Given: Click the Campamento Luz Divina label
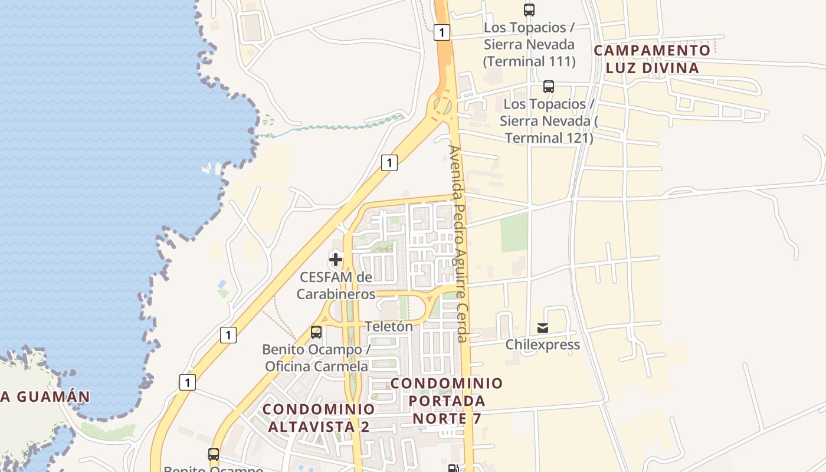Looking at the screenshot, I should [x=652, y=59].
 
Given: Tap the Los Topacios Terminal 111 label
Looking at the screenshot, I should [x=529, y=44].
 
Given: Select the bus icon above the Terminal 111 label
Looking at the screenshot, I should [x=529, y=9].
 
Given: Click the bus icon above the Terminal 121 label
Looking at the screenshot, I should [x=549, y=87].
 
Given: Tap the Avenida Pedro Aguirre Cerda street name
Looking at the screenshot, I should [x=458, y=243].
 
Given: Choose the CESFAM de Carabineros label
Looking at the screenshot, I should [x=336, y=285].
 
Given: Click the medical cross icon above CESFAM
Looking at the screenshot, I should [x=336, y=259].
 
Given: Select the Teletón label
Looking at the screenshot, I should [x=389, y=326].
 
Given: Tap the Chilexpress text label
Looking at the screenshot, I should [x=543, y=345].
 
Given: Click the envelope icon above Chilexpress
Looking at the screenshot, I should [x=543, y=328].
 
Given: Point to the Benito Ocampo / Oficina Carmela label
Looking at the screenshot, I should [x=316, y=358].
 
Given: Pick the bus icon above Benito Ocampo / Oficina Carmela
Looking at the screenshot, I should [x=316, y=332].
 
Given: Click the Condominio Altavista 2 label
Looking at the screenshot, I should [x=319, y=417].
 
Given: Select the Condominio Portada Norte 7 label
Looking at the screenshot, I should [x=447, y=401].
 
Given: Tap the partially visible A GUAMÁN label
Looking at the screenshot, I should [x=45, y=396].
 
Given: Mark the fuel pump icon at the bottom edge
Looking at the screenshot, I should [x=453, y=468].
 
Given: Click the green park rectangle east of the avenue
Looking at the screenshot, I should [x=514, y=232].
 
